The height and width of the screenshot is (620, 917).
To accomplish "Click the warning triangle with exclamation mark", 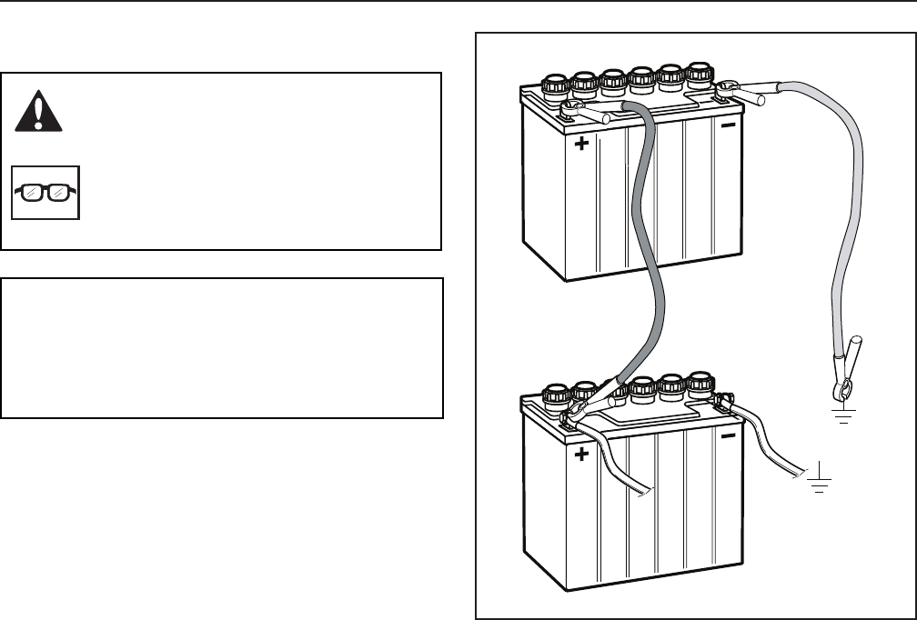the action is point(38,111).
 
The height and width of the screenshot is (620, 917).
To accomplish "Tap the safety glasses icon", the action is point(45,192).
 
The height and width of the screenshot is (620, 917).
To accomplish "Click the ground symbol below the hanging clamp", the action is point(845,416).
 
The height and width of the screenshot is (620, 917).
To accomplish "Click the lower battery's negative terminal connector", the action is point(725,401).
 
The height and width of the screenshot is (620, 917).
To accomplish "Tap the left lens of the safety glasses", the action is point(34,193).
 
